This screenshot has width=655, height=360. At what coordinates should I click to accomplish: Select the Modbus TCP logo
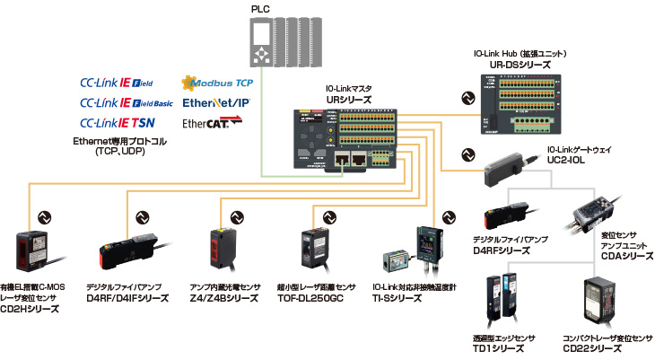(x=216, y=83)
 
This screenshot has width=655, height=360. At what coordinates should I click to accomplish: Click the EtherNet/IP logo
(x=216, y=102)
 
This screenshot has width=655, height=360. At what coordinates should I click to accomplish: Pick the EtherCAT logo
(x=213, y=122)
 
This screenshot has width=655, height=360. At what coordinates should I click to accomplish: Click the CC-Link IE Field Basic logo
(x=127, y=102)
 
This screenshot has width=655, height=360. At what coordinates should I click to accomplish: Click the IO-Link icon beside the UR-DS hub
(x=466, y=99)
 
